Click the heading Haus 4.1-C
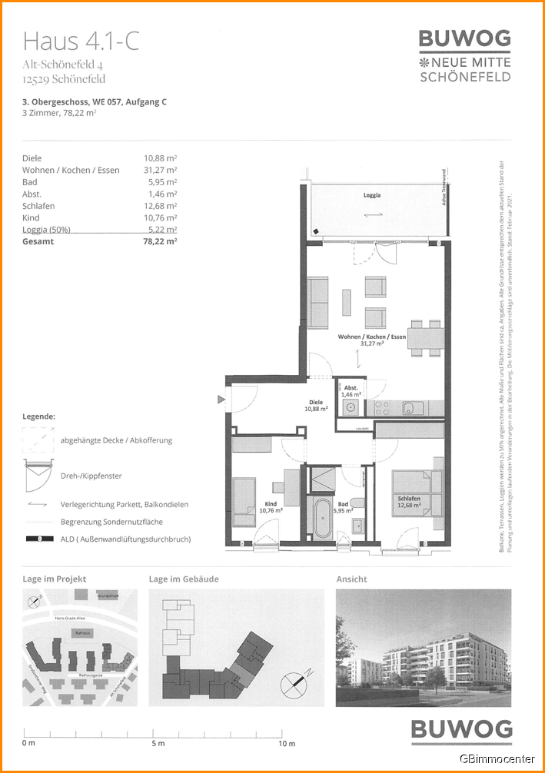81,41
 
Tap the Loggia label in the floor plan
372,195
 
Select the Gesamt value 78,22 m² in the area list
160,241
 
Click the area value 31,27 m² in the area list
161,170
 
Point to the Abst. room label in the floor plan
350,390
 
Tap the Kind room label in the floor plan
271,506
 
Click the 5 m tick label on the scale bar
158,744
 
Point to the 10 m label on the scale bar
287,744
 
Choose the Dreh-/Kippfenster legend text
91,476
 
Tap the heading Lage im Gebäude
184,579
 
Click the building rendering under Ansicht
423,648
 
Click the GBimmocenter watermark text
497,759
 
